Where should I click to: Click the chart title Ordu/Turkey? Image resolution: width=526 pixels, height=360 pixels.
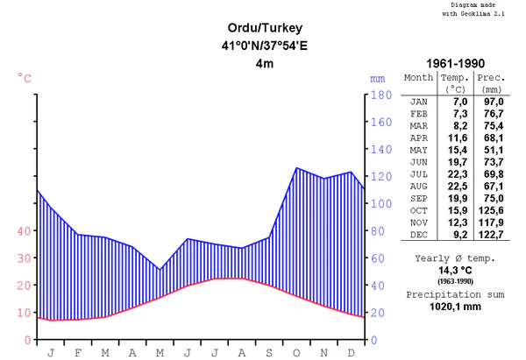click(263, 28)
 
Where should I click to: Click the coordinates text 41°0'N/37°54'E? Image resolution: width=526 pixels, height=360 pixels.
click(263, 46)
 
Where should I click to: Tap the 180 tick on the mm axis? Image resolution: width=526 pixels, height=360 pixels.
click(379, 95)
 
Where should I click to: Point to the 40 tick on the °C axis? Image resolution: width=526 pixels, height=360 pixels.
click(23, 231)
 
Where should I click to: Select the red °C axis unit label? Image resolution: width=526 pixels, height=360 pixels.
click(25, 79)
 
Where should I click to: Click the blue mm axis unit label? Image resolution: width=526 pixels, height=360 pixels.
click(378, 79)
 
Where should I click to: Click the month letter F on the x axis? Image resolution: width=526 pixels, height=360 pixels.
click(78, 352)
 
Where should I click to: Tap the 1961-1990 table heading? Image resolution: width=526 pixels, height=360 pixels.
click(456, 64)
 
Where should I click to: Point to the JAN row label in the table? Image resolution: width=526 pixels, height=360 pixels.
click(419, 102)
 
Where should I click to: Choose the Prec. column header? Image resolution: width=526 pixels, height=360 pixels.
click(491, 78)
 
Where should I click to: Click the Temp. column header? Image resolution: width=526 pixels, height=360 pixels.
click(455, 78)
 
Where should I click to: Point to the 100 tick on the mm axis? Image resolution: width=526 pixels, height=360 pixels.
click(379, 204)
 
